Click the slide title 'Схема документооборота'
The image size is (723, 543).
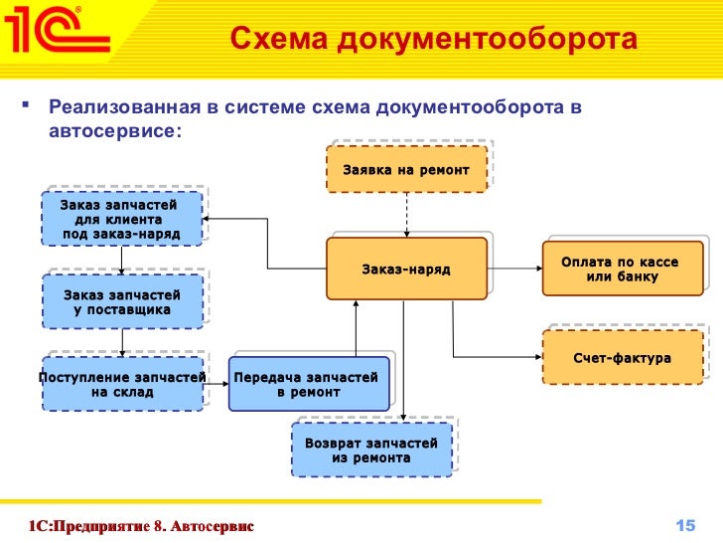click(432, 40)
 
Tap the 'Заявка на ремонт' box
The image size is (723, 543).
click(406, 169)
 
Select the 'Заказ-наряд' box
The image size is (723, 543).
click(406, 269)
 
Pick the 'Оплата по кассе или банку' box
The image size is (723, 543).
click(620, 269)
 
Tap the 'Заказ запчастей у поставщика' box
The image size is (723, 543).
click(122, 302)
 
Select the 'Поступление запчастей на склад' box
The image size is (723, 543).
click(122, 384)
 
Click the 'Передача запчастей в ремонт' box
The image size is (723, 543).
click(308, 384)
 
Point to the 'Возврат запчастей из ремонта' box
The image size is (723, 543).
click(371, 451)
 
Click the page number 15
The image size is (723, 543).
click(683, 524)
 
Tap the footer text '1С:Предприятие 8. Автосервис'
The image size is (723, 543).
click(141, 524)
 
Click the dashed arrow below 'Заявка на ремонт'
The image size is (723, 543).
click(406, 214)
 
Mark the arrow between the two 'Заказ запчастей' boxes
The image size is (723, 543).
click(122, 259)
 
